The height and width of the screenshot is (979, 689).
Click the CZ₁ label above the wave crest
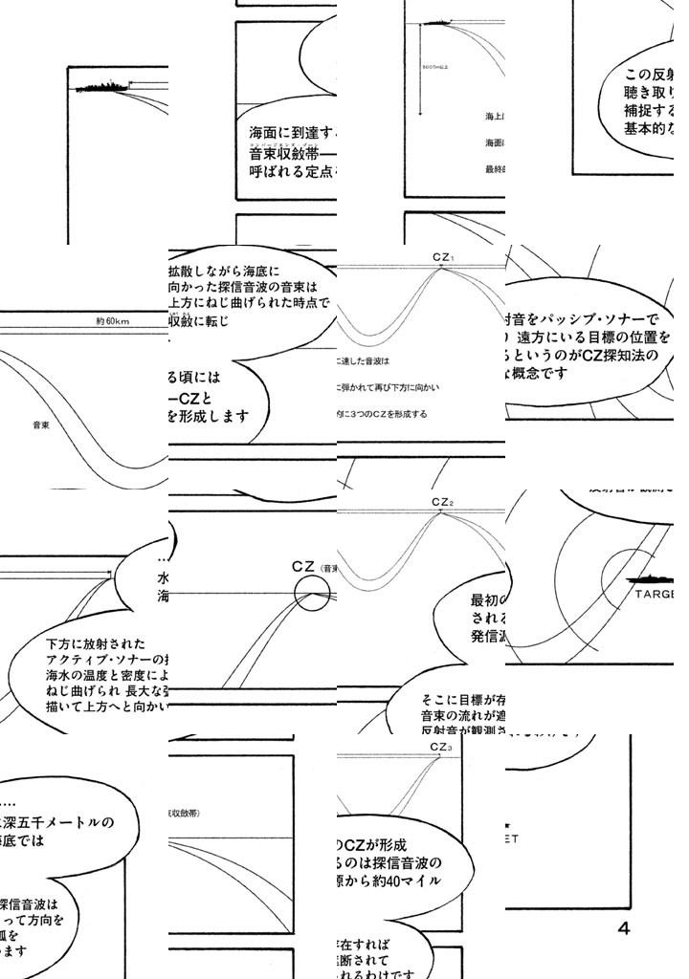442,257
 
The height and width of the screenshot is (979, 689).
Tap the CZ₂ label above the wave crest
442,502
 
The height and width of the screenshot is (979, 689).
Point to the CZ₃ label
441,747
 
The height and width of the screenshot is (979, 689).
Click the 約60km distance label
113,321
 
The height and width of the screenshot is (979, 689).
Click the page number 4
624,927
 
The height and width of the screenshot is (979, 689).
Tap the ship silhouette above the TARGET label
655,578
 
